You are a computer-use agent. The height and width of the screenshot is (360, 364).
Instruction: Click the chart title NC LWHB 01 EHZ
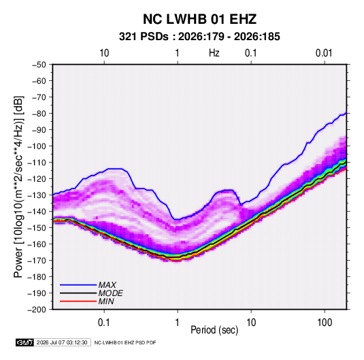point(199,19)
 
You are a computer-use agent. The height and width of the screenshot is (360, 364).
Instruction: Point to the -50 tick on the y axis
point(39,65)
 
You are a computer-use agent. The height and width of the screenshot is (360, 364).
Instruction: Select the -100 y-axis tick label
point(37,146)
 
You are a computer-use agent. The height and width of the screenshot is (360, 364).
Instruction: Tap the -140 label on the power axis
point(37,212)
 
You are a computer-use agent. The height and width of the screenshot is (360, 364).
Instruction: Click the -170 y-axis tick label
point(37,261)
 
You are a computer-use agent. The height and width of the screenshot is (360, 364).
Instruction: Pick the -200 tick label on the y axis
point(37,310)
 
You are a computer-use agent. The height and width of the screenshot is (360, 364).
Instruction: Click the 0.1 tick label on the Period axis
point(104,323)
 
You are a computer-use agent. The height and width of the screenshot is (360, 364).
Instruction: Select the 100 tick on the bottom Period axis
point(325,323)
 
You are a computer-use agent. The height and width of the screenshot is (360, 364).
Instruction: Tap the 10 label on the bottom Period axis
point(251,323)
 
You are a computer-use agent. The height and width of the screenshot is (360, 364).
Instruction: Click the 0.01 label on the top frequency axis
point(324,53)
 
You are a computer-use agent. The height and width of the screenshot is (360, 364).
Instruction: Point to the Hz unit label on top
point(214,53)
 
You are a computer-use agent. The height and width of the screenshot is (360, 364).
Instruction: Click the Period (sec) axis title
point(214,330)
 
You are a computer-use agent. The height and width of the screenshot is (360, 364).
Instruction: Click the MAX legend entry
point(107,285)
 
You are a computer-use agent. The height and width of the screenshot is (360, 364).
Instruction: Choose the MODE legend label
point(110,293)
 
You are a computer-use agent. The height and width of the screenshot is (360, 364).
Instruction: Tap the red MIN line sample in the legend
point(78,301)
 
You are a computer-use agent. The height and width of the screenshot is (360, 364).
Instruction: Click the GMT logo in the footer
point(24,342)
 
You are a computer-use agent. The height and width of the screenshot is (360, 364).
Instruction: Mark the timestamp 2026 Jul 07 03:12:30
point(62,342)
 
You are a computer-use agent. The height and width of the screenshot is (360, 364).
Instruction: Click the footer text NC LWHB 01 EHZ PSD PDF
point(125,342)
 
